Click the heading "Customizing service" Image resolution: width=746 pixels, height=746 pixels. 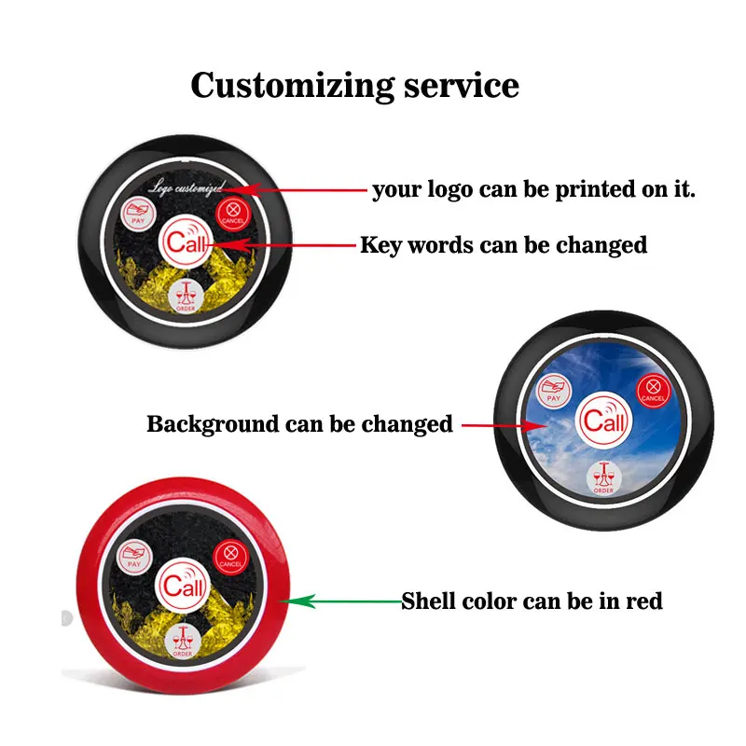[x=354, y=86]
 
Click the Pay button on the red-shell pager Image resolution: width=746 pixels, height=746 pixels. [x=133, y=557]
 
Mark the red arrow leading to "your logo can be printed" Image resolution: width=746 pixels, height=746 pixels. [x=298, y=189]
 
